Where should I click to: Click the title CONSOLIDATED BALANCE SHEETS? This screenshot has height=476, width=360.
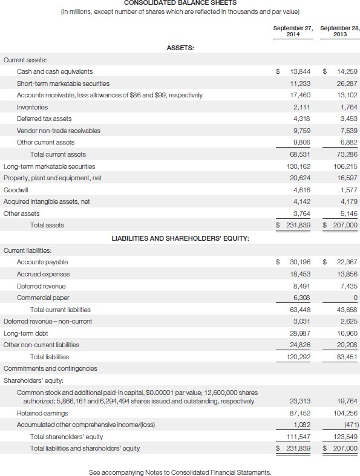[180, 3]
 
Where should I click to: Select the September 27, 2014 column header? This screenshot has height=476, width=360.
[292, 31]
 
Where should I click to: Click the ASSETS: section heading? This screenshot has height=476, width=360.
[180, 48]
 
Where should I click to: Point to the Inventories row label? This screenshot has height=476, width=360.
[32, 107]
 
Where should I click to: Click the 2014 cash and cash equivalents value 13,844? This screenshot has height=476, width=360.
[301, 71]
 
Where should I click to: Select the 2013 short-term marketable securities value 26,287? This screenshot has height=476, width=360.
[347, 83]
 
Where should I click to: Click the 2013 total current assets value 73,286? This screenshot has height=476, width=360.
[347, 154]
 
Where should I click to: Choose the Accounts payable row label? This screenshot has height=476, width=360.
[42, 262]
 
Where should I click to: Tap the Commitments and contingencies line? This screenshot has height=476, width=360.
[50, 368]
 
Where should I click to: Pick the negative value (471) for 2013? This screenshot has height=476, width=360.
[349, 425]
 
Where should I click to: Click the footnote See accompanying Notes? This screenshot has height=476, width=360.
[180, 472]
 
